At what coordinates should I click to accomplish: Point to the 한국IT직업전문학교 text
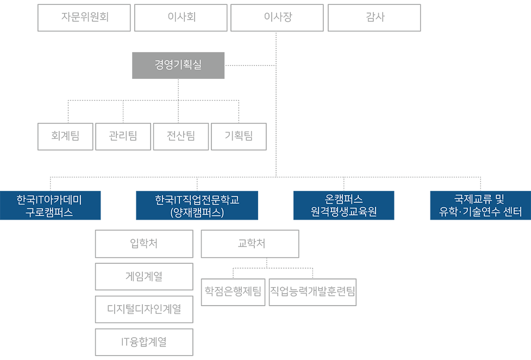pos(197,200)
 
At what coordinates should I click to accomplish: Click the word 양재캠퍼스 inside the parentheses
pos(197,213)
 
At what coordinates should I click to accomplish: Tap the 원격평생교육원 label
pos(343,212)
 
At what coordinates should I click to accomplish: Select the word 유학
pos(448,212)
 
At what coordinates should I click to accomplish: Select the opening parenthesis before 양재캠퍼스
pos(172,213)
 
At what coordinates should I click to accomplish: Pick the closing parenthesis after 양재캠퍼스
pos(222,213)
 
